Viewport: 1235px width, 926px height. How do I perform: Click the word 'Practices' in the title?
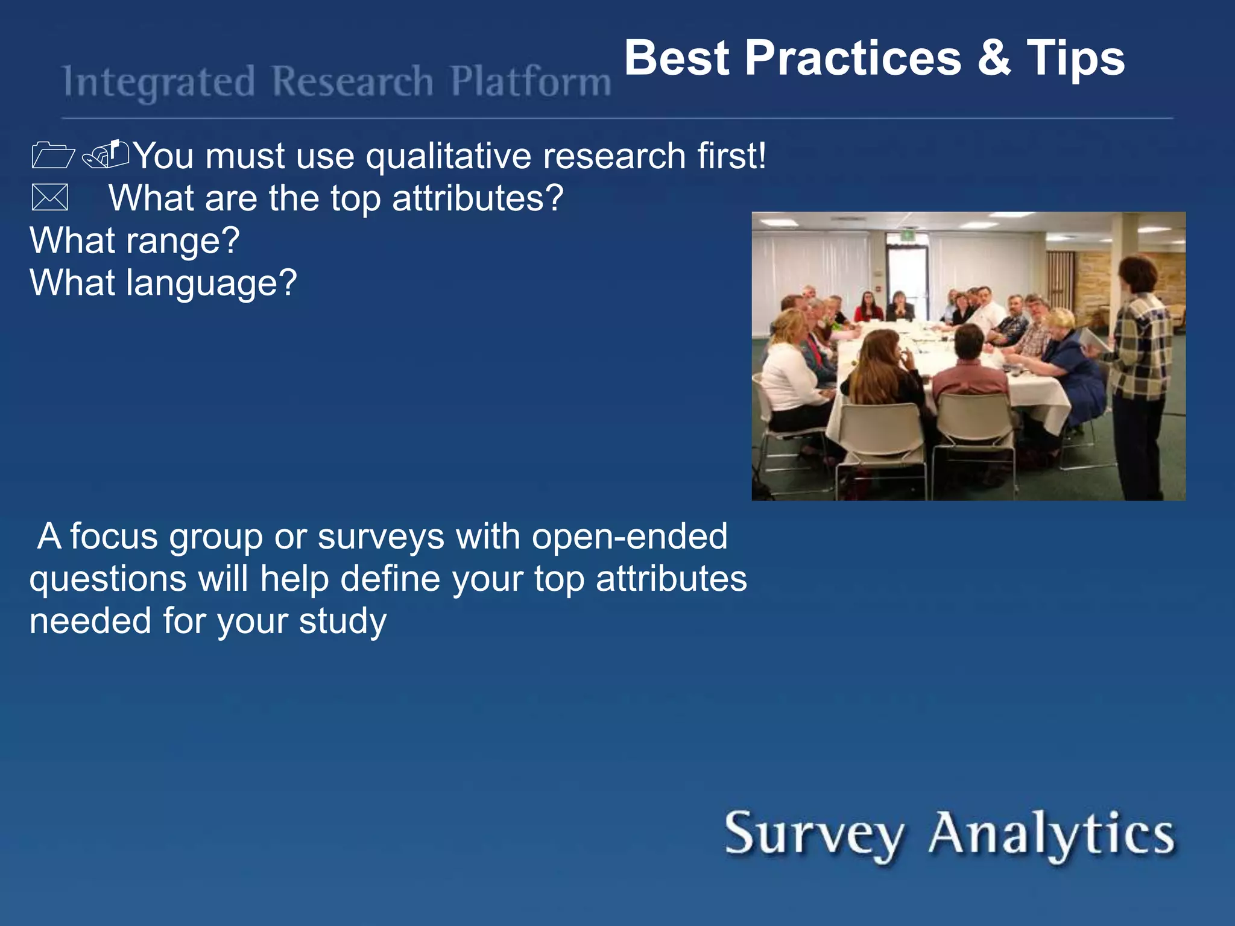(x=853, y=58)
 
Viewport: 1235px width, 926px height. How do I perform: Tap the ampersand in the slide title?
(x=994, y=58)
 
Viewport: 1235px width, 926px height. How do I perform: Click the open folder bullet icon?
(x=52, y=155)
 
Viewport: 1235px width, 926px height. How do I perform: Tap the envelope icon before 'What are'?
(x=49, y=198)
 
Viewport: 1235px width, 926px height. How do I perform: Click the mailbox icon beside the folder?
(x=106, y=154)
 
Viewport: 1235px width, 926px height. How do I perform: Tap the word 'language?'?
(x=211, y=284)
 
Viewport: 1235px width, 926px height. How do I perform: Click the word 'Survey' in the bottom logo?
(x=813, y=834)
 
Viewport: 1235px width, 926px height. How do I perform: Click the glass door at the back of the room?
(x=906, y=271)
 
